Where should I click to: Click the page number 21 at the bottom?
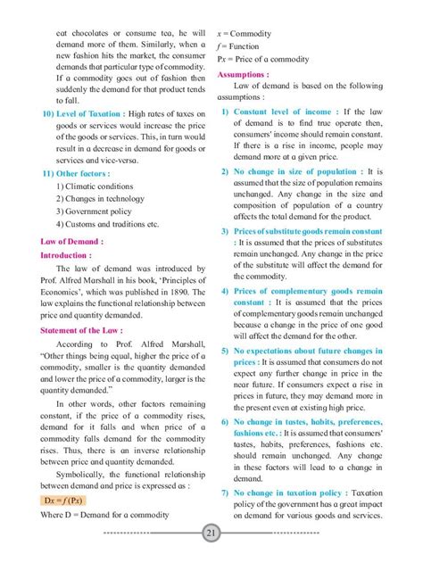click(x=211, y=534)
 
